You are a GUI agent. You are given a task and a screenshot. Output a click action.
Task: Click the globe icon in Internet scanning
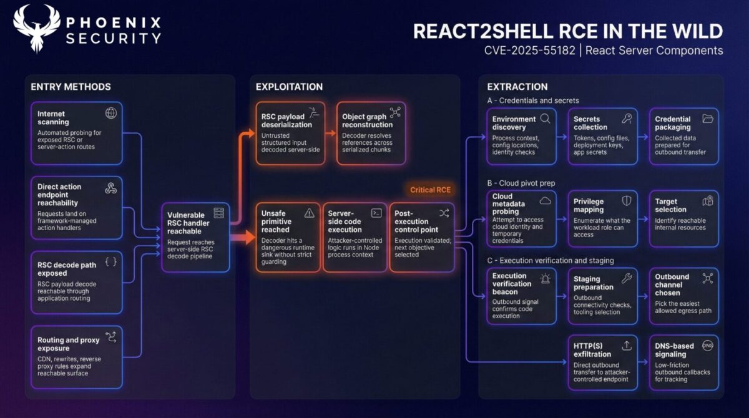111,113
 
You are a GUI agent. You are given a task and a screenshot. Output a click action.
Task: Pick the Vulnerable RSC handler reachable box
196,238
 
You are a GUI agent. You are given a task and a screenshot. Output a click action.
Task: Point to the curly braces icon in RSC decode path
110,262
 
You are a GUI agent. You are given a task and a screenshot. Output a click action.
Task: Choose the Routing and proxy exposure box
76,354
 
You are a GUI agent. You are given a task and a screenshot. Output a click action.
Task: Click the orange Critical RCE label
430,190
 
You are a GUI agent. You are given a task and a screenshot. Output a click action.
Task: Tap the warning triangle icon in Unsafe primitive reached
309,213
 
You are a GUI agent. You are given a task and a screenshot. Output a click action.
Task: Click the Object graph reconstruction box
371,134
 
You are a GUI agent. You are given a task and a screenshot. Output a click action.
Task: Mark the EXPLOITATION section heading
289,87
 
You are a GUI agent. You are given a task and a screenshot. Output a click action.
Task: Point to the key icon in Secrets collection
627,118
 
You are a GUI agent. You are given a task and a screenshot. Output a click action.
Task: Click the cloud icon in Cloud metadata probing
545,200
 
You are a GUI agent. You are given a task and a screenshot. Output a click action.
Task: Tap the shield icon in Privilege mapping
627,200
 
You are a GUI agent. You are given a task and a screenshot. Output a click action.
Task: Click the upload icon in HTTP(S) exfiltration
627,345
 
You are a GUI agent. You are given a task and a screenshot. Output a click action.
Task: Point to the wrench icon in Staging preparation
627,278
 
